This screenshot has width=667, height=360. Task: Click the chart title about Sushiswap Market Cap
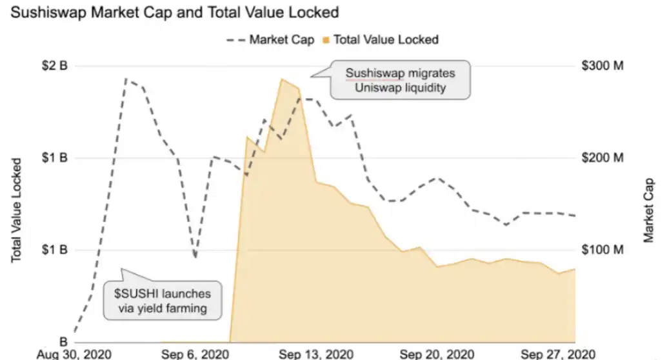click(174, 12)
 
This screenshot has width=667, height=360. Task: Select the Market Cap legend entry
click(281, 40)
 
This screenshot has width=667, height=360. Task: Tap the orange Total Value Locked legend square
click(326, 41)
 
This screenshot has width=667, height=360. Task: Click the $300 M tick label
click(602, 66)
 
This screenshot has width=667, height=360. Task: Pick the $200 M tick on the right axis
click(602, 158)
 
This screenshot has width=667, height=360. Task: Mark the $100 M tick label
click(602, 250)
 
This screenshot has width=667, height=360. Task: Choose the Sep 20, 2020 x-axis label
click(437, 354)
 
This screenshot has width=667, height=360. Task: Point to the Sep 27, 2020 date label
click(557, 354)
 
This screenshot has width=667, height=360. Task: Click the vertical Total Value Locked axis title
click(17, 210)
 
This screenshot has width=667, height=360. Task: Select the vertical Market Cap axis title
click(650, 210)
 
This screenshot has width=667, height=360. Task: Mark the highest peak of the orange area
click(282, 79)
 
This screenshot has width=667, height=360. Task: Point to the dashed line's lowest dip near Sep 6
click(195, 257)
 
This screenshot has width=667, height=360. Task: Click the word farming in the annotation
click(184, 308)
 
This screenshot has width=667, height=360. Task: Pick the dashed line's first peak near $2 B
click(126, 80)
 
